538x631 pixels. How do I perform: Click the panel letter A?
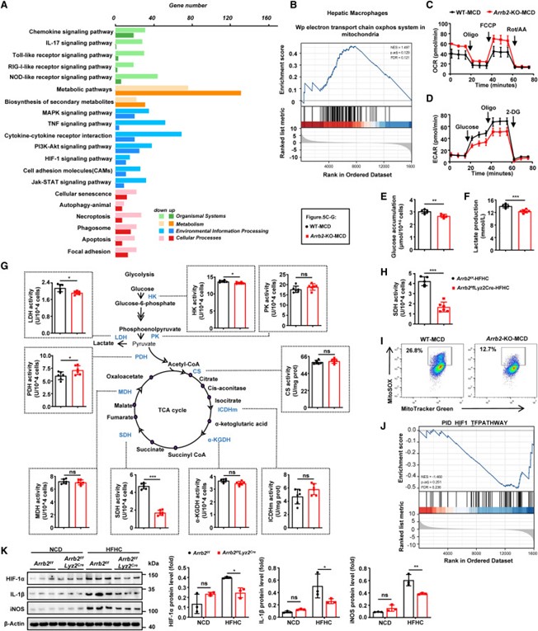pos(6,6)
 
